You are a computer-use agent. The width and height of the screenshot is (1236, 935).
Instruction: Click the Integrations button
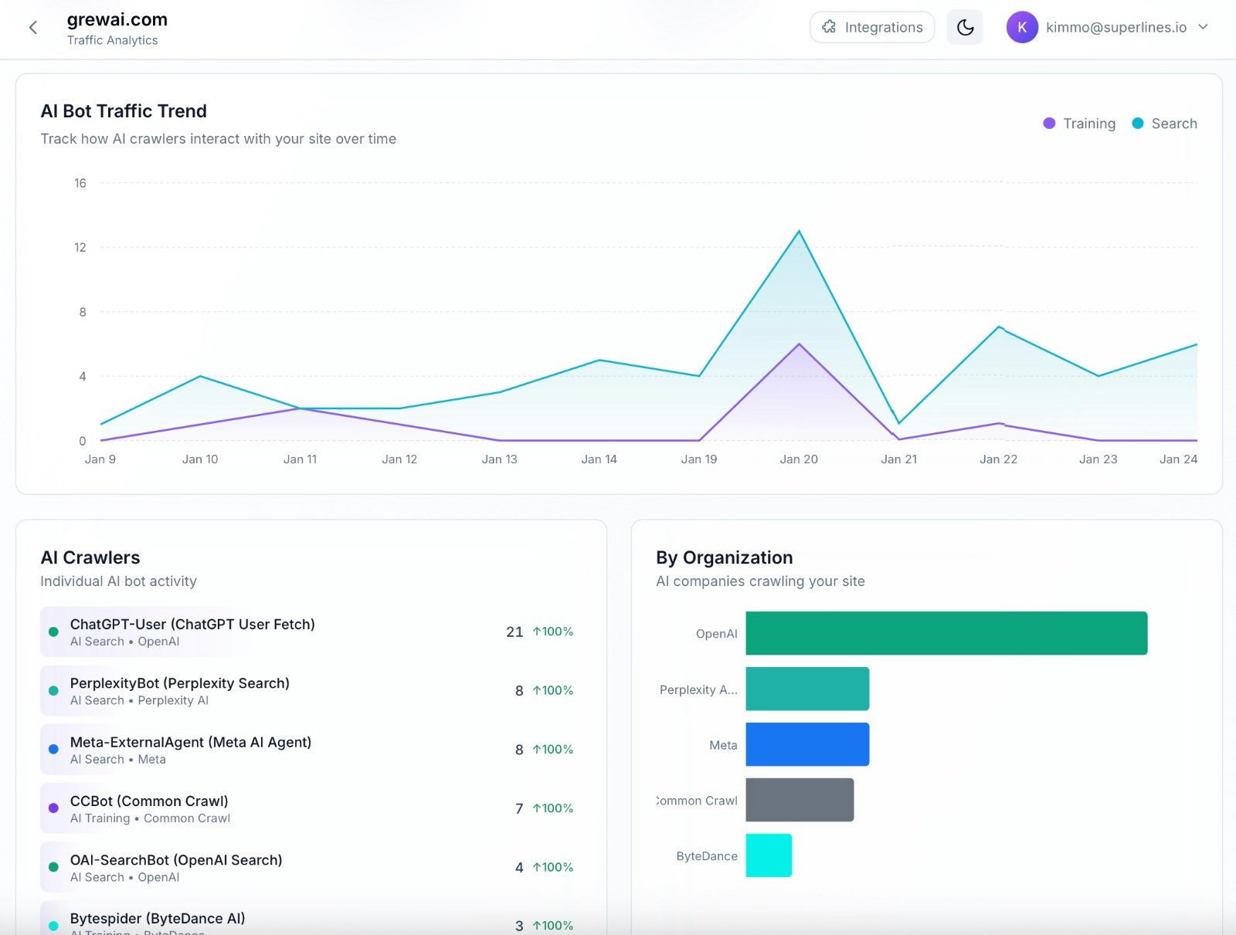[x=872, y=27]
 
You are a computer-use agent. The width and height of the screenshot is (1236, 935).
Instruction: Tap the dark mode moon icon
[x=965, y=27]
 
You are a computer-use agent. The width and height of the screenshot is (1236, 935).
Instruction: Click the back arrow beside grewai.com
[x=33, y=28]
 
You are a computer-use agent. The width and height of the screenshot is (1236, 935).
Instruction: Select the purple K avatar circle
[x=1021, y=27]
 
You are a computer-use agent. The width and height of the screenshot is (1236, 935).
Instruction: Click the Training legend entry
[x=1079, y=124]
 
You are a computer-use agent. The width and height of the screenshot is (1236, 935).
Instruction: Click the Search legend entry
[x=1164, y=124]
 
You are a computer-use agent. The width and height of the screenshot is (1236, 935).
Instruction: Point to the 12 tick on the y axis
[x=80, y=247]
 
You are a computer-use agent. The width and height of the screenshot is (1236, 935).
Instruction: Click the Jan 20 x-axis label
[x=799, y=459]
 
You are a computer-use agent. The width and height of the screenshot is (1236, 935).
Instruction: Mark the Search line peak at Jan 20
[x=799, y=231]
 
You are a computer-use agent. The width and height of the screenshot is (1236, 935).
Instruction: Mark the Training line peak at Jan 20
[x=799, y=344]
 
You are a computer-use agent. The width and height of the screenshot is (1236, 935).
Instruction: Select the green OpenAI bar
[x=946, y=633]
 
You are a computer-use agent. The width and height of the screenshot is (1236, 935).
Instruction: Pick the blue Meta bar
[x=807, y=744]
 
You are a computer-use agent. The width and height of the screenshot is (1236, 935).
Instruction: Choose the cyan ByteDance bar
[x=769, y=855]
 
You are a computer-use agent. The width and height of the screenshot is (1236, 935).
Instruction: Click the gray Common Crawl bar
[x=800, y=800]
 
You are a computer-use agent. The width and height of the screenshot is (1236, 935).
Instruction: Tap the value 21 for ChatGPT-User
[x=514, y=632]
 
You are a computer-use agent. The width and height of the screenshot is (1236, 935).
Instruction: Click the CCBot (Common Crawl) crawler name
[x=149, y=801]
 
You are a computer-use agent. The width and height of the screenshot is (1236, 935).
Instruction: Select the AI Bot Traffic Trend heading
[x=124, y=111]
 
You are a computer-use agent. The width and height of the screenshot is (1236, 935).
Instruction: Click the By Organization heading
[x=724, y=557]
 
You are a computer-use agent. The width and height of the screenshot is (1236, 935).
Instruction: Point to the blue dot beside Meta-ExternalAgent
[x=53, y=749]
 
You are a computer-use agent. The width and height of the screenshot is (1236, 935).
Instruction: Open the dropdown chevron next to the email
[x=1203, y=27]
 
